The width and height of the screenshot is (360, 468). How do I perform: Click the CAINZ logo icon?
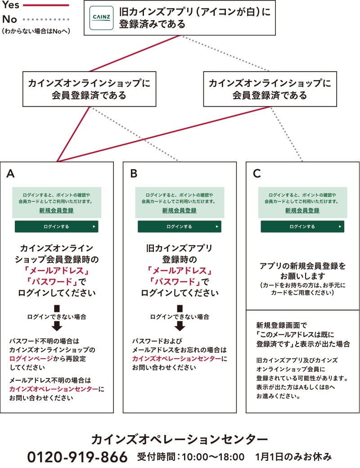click(x=102, y=18)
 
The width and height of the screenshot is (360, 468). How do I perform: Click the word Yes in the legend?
click(x=11, y=4)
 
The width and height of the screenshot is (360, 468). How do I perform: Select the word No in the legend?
click(x=9, y=19)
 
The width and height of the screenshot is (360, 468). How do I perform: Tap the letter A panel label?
click(x=10, y=173)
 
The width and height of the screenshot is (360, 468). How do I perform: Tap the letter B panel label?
click(x=134, y=173)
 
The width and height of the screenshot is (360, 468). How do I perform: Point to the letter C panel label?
click(x=256, y=173)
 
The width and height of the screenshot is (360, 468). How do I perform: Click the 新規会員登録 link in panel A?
click(x=56, y=211)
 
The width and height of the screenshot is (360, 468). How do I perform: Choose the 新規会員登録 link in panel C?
click(x=302, y=211)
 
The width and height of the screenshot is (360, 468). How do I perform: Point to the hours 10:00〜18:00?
click(x=213, y=457)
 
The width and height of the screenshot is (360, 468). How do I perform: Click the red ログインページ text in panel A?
click(x=31, y=359)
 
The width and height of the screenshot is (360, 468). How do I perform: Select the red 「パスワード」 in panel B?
click(x=175, y=281)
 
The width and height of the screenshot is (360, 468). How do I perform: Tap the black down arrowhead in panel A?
click(x=57, y=326)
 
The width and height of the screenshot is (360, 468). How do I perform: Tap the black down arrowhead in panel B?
click(x=180, y=326)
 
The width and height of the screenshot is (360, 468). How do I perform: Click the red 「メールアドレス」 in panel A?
click(x=57, y=270)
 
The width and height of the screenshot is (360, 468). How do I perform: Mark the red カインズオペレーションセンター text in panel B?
click(x=177, y=359)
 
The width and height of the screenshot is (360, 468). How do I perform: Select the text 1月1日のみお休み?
click(x=293, y=457)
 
